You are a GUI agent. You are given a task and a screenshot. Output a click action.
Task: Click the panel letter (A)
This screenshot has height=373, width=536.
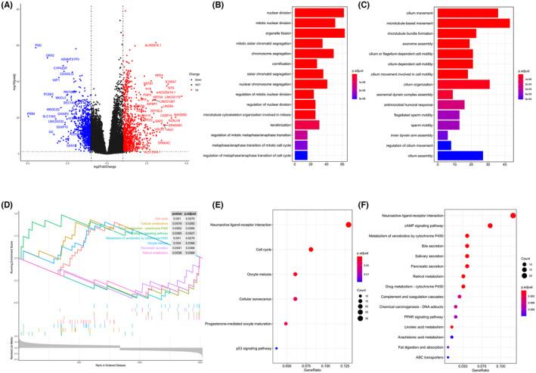pos(9,5)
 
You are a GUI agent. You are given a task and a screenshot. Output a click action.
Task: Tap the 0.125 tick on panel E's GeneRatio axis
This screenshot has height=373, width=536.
pos(347,362)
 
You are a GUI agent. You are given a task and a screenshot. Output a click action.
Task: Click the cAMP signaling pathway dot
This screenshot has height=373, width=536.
pos(490,225)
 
